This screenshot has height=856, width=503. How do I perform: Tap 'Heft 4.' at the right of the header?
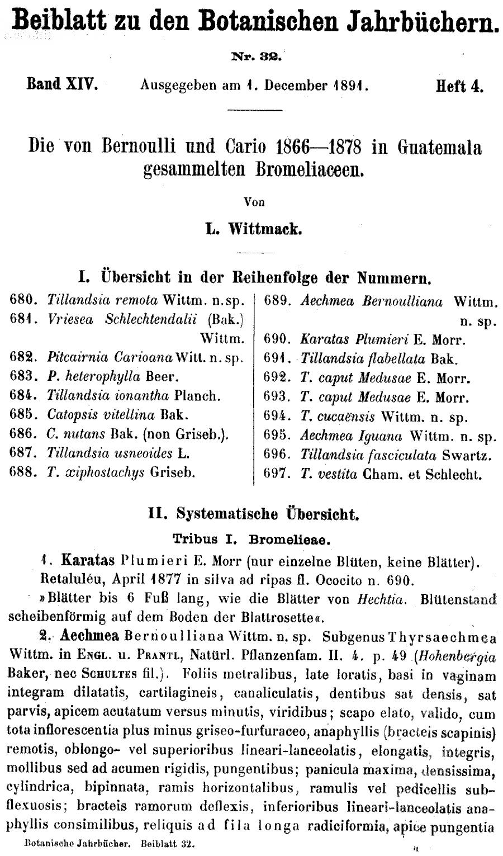pyautogui.click(x=460, y=87)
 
